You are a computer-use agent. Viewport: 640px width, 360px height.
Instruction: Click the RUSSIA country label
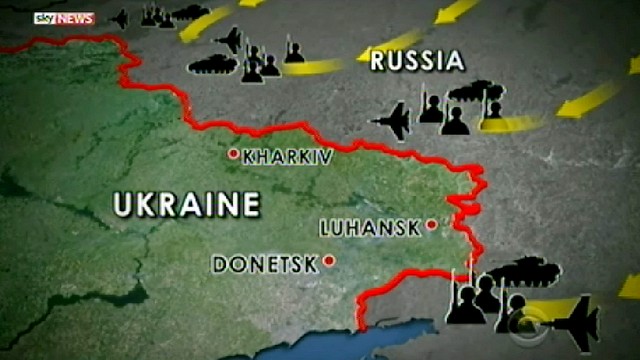click(x=418, y=61)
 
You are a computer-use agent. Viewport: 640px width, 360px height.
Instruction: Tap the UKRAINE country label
click(x=187, y=206)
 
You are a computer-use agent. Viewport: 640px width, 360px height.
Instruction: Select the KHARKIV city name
click(x=287, y=156)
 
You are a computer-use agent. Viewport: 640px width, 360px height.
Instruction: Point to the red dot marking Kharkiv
click(x=233, y=154)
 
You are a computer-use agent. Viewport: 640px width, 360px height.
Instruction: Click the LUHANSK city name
click(x=370, y=227)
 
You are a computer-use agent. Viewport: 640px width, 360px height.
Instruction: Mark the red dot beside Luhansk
click(x=431, y=225)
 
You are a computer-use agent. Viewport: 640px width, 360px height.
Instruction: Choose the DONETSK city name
click(x=264, y=265)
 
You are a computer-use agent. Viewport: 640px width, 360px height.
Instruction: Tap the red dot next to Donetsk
click(x=327, y=262)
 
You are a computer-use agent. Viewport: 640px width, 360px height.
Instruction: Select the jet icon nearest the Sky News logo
click(x=119, y=18)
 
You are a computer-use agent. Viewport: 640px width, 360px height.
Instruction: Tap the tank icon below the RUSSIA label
click(x=466, y=94)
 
